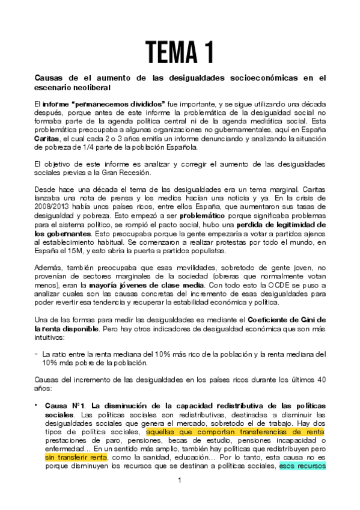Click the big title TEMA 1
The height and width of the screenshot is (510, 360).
pyautogui.click(x=180, y=52)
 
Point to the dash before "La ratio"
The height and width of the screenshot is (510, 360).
pyautogui.click(x=36, y=354)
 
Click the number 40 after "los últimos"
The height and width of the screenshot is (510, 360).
pyautogui.click(x=321, y=380)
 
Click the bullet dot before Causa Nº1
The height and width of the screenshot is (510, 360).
pyautogui.click(x=37, y=406)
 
